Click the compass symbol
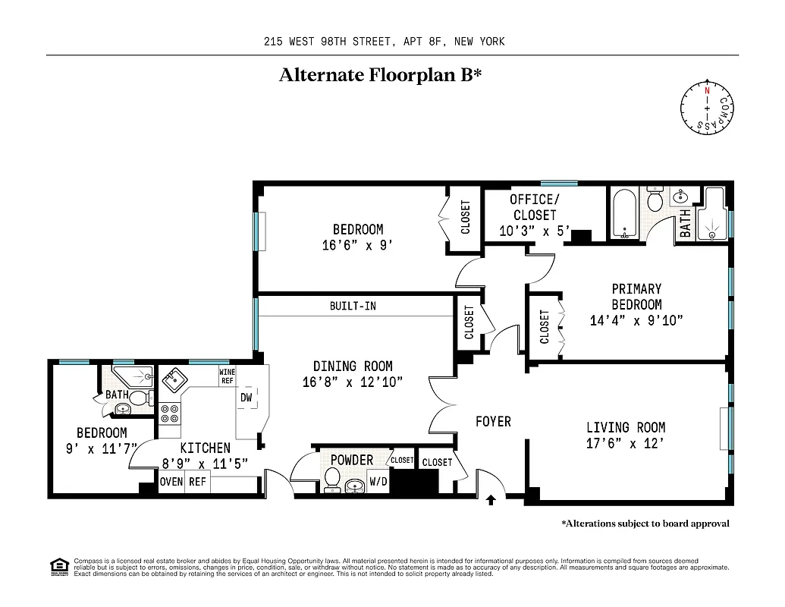[x=707, y=109]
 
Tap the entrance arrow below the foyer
[x=491, y=498]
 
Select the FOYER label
[x=493, y=421]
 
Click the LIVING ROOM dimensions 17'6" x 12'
[x=626, y=443]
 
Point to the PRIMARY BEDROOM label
[x=636, y=297]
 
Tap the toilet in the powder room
[x=332, y=479]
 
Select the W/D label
[x=378, y=481]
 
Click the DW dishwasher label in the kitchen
[x=246, y=398]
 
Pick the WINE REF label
[x=226, y=376]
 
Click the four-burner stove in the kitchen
[x=170, y=414]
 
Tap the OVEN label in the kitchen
[x=171, y=482]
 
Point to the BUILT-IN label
[x=352, y=307]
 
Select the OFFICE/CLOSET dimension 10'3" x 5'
[x=534, y=231]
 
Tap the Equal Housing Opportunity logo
[x=57, y=567]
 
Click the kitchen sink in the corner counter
[x=170, y=379]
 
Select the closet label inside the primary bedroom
[x=545, y=326]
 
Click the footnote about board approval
[x=645, y=524]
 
